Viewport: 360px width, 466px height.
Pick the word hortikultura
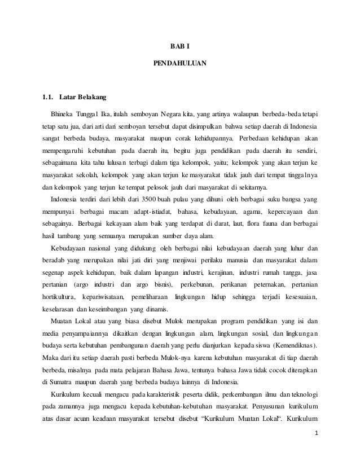coord(59,297)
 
